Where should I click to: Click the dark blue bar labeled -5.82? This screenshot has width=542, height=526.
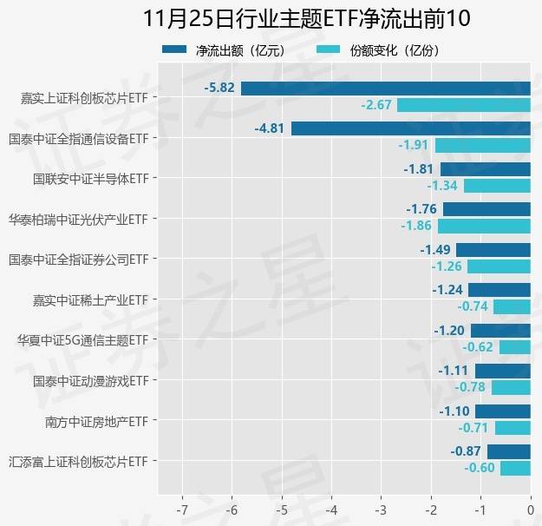click(385, 88)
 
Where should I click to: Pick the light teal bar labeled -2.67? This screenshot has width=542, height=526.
click(463, 105)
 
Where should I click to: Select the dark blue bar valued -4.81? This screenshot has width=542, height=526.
click(410, 128)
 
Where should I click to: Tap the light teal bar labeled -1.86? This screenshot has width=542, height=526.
click(484, 226)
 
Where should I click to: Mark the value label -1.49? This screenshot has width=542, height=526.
click(435, 250)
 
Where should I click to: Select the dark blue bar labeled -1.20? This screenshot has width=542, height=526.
click(500, 331)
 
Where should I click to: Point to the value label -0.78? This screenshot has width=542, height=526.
click(472, 387)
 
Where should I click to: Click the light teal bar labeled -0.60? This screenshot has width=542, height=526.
click(515, 468)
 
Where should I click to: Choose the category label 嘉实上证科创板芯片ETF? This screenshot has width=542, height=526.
click(84, 98)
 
